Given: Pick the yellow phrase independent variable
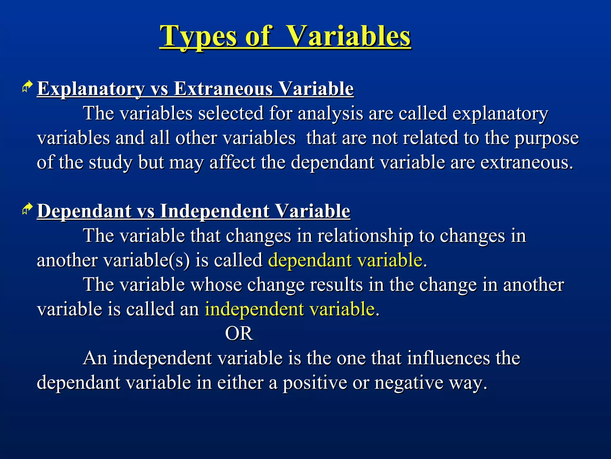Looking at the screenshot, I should point(289,309).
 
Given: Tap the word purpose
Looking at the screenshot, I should point(546,138).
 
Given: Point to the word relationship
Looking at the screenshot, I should point(365,236).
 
